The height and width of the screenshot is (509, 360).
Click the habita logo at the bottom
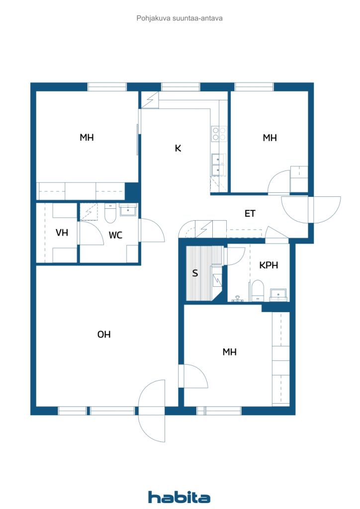(179, 497)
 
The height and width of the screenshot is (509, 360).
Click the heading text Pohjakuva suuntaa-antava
(180, 18)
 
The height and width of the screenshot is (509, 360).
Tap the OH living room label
(104, 335)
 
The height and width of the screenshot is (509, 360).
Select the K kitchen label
(178, 148)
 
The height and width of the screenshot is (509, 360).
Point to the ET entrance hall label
(250, 214)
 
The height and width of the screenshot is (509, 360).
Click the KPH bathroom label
(269, 265)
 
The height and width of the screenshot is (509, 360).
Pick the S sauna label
(195, 273)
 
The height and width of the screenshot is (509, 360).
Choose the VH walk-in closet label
(62, 233)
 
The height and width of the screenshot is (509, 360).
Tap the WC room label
(115, 235)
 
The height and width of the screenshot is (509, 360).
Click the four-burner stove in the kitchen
(219, 134)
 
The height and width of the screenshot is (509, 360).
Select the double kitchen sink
(218, 165)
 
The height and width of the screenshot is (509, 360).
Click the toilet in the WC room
(110, 213)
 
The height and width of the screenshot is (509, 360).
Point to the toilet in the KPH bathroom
(258, 290)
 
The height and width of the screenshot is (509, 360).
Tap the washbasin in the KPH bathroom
(278, 294)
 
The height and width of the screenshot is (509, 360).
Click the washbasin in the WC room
(128, 210)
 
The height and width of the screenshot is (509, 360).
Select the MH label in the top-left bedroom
(87, 137)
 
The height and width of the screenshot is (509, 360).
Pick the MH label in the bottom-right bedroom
(230, 352)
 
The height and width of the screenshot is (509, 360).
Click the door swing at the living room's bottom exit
(152, 411)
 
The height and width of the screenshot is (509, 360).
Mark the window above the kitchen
(180, 86)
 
